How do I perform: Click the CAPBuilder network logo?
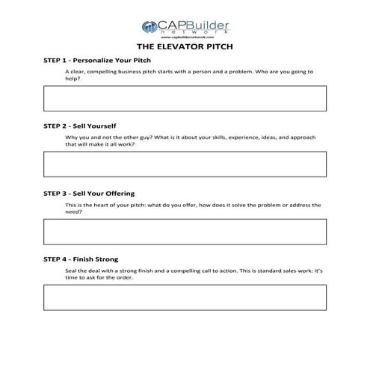point(185,28)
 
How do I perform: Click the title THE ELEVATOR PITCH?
point(185,46)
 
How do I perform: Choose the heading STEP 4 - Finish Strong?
point(81,259)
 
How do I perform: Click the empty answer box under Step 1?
point(185,98)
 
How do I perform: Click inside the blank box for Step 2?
point(185,164)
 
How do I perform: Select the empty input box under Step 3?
point(185,231)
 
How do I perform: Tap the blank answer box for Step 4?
point(185,297)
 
